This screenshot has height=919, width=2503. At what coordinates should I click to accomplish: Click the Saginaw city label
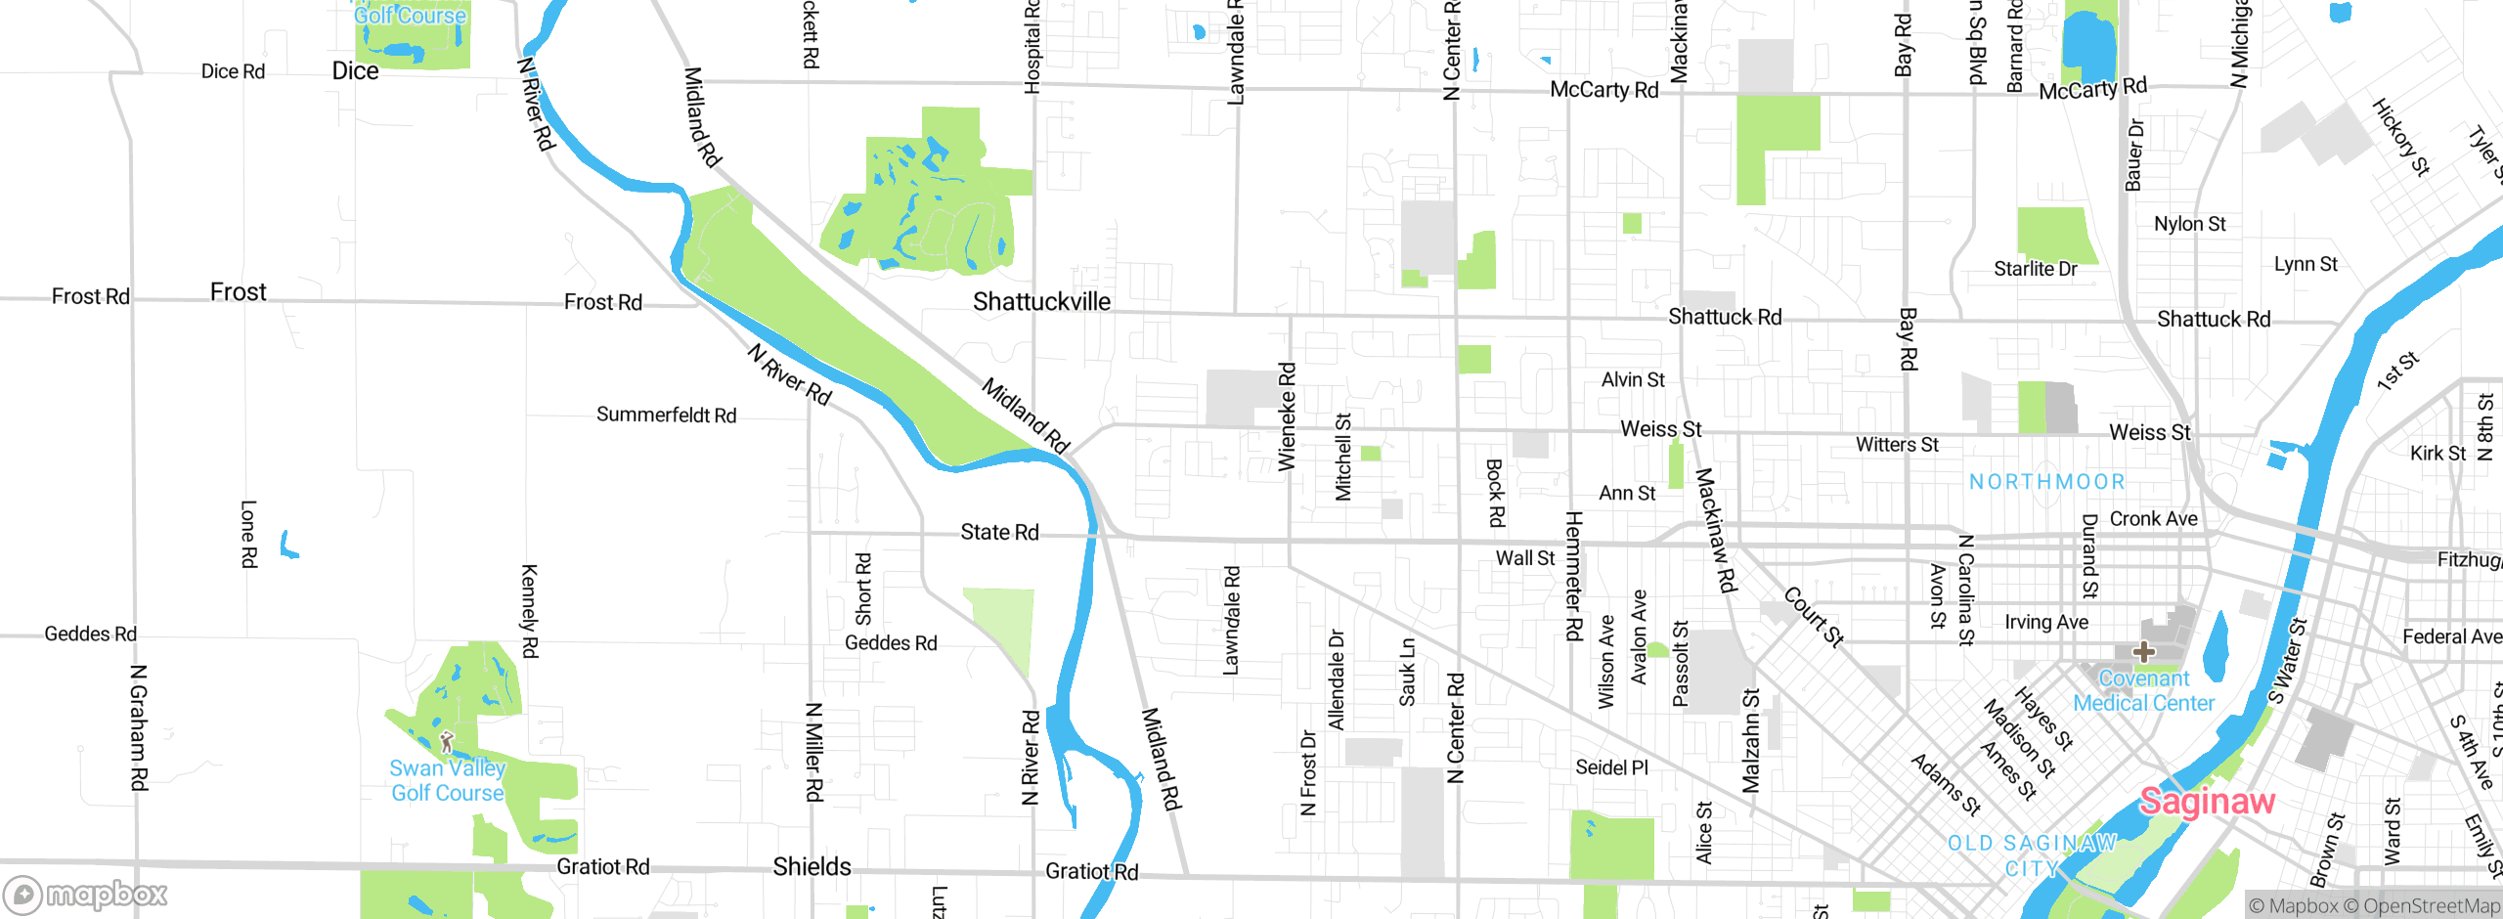(x=2207, y=802)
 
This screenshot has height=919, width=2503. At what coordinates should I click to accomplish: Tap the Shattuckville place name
(x=1041, y=302)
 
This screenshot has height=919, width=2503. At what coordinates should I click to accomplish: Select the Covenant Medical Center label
(x=2143, y=691)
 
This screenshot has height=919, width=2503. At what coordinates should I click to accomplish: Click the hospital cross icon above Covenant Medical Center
(x=2143, y=651)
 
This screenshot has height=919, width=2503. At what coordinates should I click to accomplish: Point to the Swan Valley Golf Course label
(x=447, y=781)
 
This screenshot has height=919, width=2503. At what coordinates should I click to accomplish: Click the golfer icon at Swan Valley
(x=447, y=742)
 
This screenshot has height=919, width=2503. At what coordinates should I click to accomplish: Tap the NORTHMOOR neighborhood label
(x=2046, y=482)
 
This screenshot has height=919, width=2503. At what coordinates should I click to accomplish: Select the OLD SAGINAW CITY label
(x=2032, y=855)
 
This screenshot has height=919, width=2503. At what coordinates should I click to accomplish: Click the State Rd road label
(x=999, y=532)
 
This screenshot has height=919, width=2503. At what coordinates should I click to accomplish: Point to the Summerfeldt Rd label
(x=666, y=416)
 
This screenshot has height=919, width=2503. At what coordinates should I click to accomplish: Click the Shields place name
(x=812, y=867)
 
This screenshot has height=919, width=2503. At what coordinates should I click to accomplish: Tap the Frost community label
(x=238, y=292)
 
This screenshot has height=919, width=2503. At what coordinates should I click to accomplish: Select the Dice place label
(x=355, y=71)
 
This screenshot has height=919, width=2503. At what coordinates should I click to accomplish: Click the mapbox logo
(x=86, y=895)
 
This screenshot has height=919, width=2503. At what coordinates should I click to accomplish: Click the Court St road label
(x=1814, y=617)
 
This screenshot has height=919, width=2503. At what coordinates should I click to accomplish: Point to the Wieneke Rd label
(x=1287, y=416)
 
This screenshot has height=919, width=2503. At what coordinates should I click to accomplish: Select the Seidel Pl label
(x=1611, y=767)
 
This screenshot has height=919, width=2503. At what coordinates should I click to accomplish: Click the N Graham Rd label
(x=139, y=727)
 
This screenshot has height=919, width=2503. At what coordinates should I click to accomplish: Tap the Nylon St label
(x=2189, y=224)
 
